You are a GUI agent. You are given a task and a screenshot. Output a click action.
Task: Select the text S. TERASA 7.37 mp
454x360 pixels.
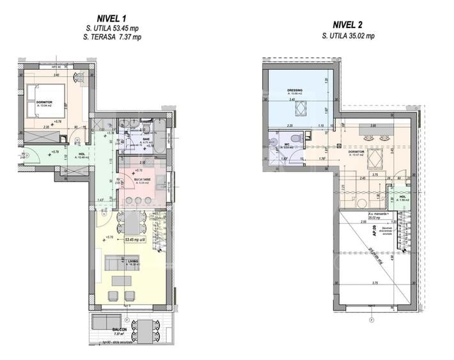pos(113,38)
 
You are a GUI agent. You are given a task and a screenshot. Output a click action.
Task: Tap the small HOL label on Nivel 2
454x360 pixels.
pos(402,196)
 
